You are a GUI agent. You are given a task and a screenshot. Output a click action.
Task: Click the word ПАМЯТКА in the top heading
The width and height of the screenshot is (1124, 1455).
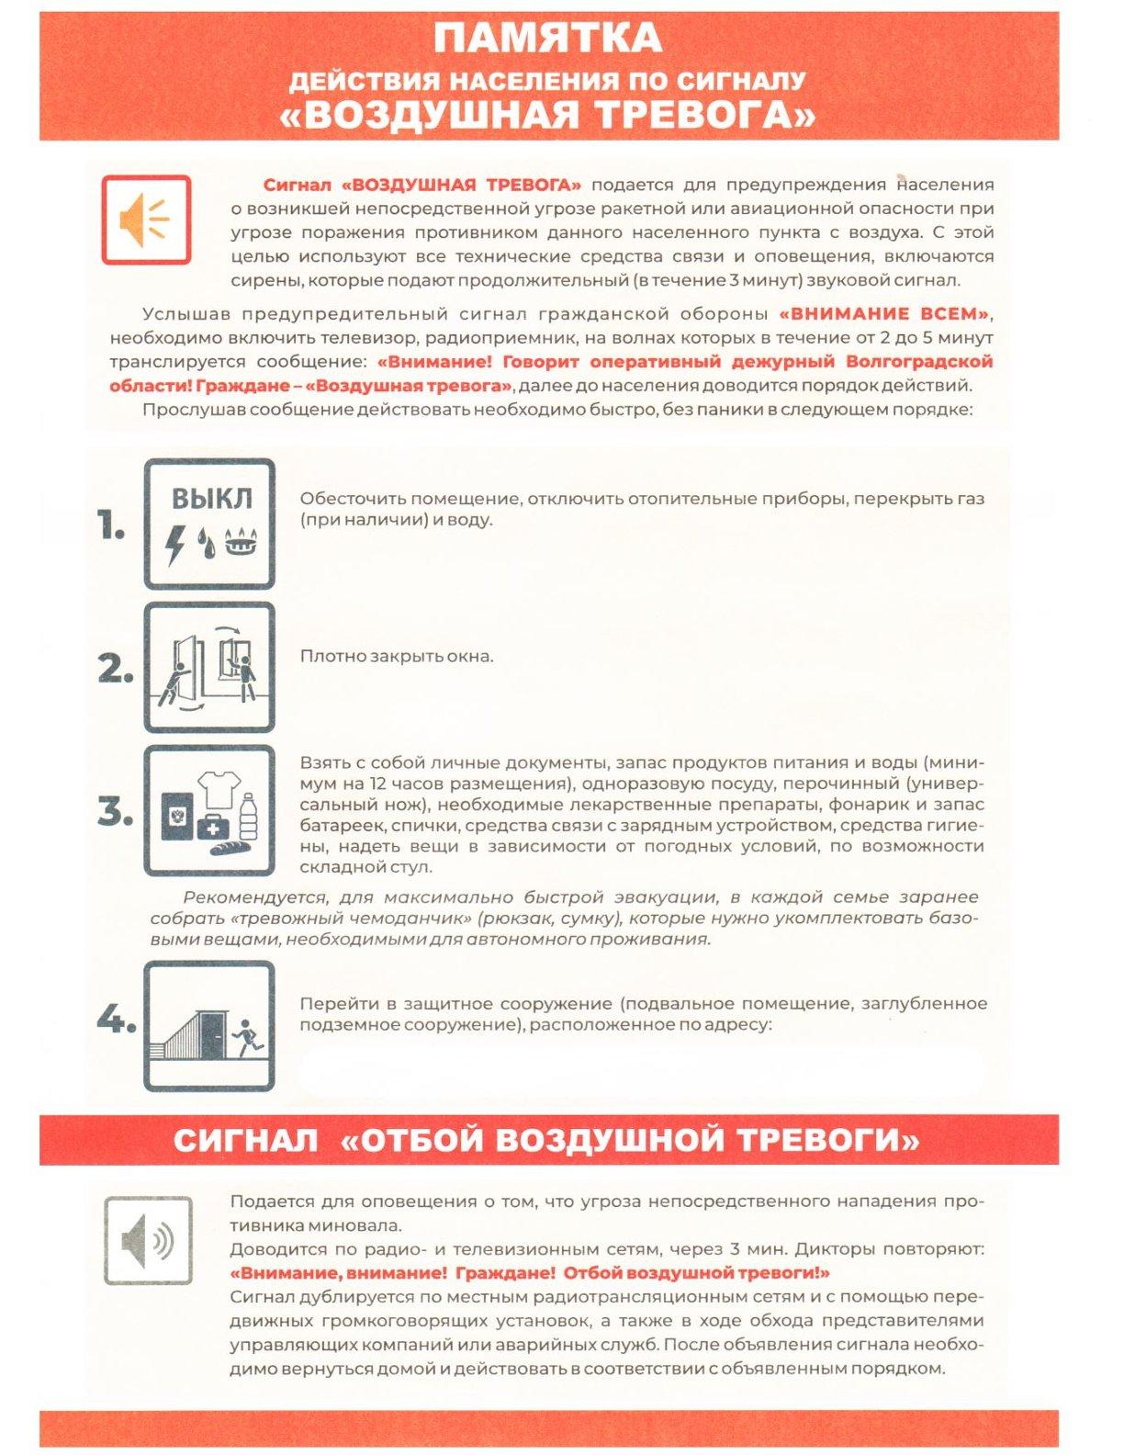coord(547,39)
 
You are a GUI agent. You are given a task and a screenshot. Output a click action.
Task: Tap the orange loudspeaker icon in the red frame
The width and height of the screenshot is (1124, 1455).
coord(146,220)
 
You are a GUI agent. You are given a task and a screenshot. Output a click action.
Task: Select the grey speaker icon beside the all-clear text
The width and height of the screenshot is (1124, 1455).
coord(148,1240)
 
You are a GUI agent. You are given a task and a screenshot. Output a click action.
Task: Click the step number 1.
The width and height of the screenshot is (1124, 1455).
coord(111,526)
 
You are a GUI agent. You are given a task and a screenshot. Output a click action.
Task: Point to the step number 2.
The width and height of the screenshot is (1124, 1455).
coord(115,669)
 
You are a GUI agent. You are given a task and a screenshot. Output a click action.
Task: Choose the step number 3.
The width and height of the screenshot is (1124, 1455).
coord(115,811)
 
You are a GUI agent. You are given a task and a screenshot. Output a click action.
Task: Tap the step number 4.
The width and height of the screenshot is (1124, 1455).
coord(116,1019)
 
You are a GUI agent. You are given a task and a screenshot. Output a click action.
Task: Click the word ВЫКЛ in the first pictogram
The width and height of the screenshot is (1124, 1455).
coord(211,499)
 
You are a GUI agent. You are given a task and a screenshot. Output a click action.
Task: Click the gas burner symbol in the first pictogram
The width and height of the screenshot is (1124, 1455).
coord(242,542)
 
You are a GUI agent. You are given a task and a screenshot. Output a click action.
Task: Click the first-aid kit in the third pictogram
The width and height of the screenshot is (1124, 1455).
coord(213,825)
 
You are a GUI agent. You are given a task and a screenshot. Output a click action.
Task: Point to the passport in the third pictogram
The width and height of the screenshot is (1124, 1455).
coord(177,816)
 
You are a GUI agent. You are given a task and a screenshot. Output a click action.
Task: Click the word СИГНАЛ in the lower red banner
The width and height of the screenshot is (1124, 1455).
coord(246,1141)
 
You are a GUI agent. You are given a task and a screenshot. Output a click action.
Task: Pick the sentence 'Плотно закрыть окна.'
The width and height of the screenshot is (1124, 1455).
coord(397,657)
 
